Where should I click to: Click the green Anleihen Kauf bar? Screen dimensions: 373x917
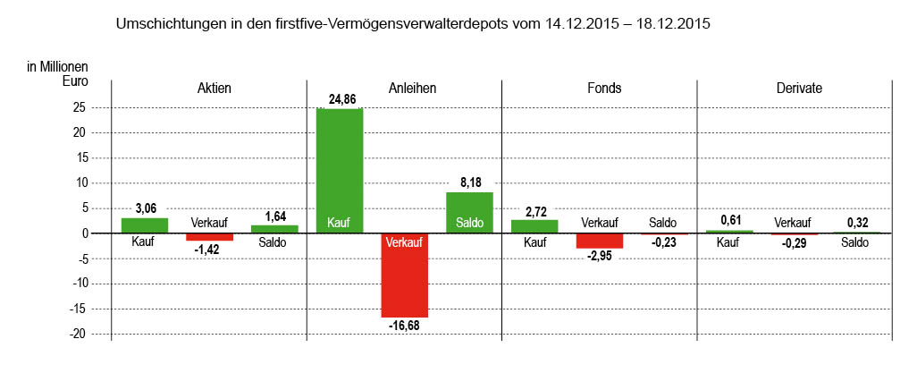(340, 170)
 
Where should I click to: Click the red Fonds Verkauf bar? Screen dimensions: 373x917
(599, 241)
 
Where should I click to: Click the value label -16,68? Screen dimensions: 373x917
(404, 326)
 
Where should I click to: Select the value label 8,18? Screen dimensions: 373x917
(469, 182)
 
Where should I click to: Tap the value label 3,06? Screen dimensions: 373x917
(145, 208)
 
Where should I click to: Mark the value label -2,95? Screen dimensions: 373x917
(599, 257)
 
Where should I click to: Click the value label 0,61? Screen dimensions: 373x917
(729, 220)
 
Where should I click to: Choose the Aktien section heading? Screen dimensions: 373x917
(214, 89)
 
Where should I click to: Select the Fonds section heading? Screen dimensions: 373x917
(604, 89)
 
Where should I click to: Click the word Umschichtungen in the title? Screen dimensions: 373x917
(168, 25)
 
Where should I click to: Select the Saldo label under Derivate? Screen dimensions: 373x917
(855, 242)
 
